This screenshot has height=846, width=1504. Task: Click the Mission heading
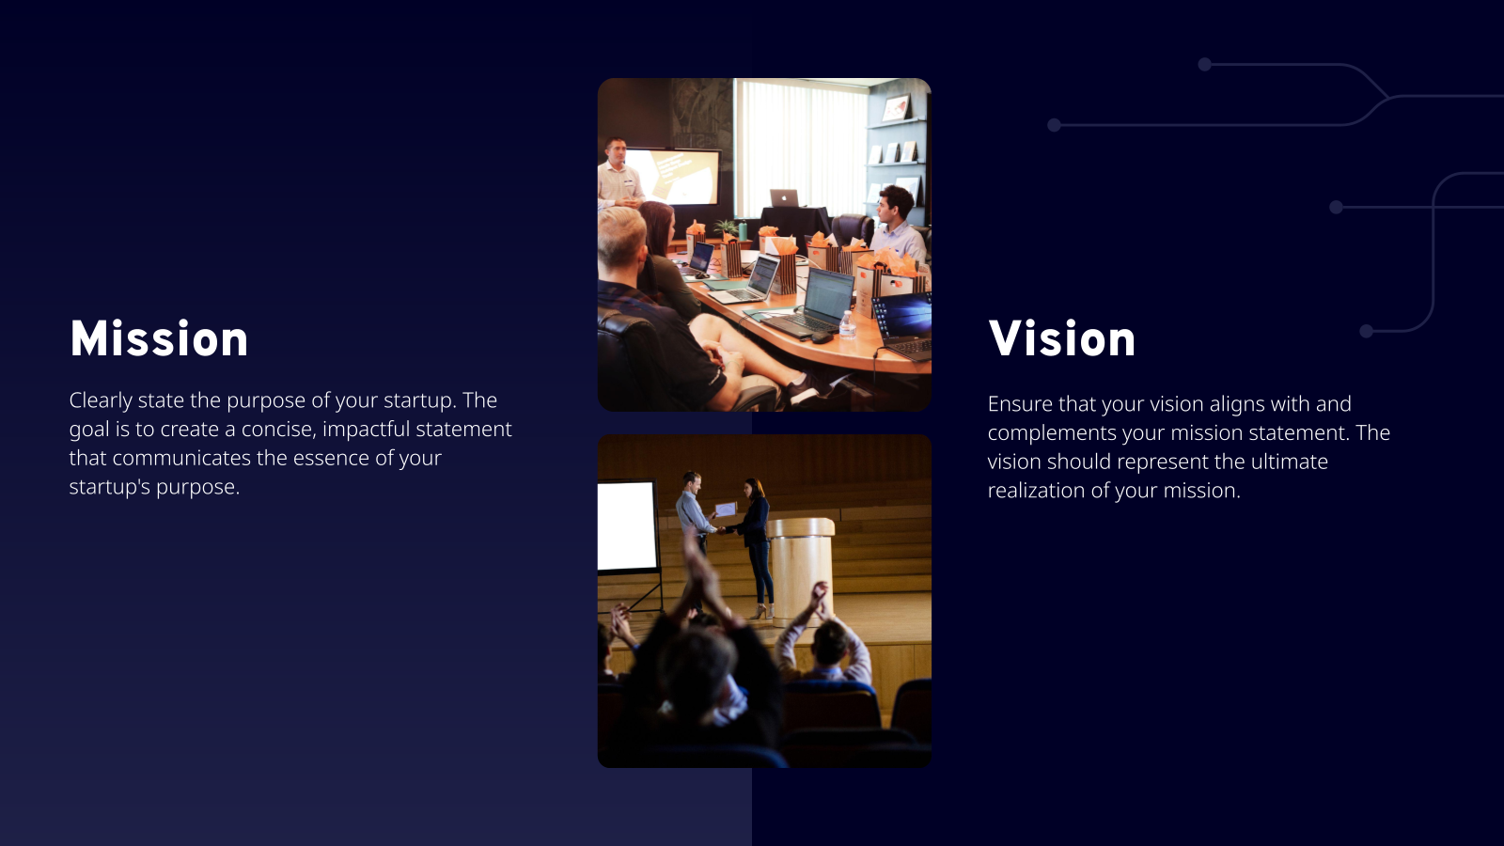pos(159,339)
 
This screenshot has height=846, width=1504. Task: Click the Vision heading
pos(1061,339)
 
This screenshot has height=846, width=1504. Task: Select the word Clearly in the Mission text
pos(101,400)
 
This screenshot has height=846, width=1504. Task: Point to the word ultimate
pos(1289,462)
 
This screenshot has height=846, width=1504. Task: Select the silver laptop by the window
pos(784,198)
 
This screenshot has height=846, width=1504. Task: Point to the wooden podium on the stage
pos(801,569)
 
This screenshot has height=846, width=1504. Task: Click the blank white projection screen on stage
pos(627,526)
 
